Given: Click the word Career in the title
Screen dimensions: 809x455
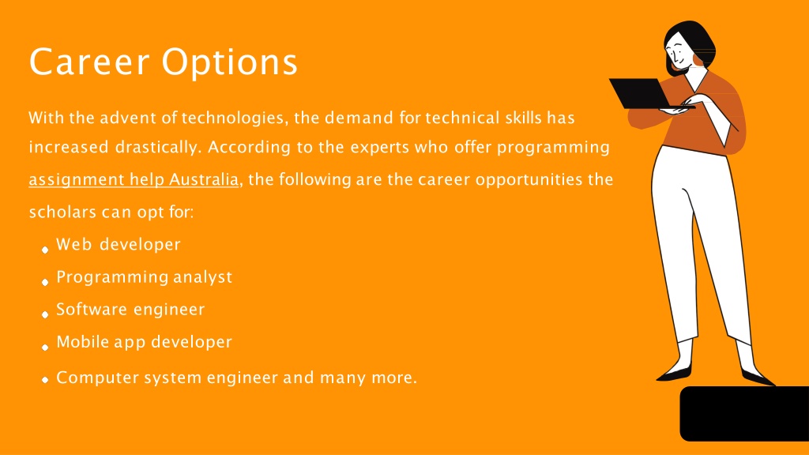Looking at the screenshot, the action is (x=89, y=62).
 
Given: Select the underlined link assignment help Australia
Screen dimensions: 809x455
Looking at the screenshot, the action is (x=134, y=180).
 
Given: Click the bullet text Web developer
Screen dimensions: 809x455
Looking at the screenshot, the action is (x=119, y=245).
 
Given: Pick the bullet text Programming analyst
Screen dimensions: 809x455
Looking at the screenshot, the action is (x=144, y=277).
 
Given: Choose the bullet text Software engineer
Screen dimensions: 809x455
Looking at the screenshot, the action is (x=130, y=310).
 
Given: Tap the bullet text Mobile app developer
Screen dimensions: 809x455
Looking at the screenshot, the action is (x=144, y=342).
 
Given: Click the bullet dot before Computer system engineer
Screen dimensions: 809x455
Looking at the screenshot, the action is (x=45, y=380).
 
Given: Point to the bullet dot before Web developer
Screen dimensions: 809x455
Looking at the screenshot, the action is (x=45, y=250).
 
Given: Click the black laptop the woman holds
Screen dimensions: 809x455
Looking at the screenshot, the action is (x=642, y=93).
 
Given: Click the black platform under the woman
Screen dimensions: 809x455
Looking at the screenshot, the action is (x=744, y=414).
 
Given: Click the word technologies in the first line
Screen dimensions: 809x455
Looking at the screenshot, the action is (x=234, y=118).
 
